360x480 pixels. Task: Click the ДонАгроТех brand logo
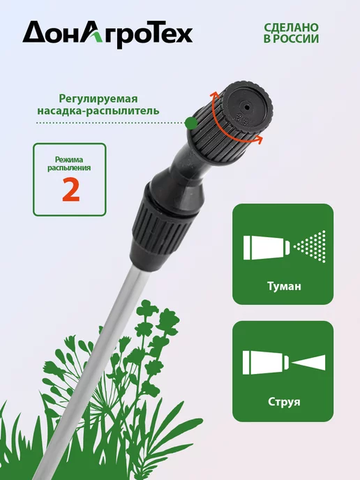pos(107,35)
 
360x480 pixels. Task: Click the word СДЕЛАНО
pos(291,27)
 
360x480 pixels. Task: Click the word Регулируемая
pos(98,99)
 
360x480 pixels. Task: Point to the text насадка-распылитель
pos(98,110)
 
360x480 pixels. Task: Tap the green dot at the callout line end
pos(191,123)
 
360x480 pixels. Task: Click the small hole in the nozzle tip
pos(246,107)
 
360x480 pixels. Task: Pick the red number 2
pos(70,189)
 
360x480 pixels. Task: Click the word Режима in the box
pos(69,160)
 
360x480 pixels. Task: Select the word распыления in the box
pos(69,167)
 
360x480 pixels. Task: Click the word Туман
pos(284,286)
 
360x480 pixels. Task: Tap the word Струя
pos(284,401)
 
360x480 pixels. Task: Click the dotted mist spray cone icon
pos(309,246)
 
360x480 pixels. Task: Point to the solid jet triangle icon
pos(308,363)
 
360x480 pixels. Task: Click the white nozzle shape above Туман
pos(267,248)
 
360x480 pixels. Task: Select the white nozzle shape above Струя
pos(265,363)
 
